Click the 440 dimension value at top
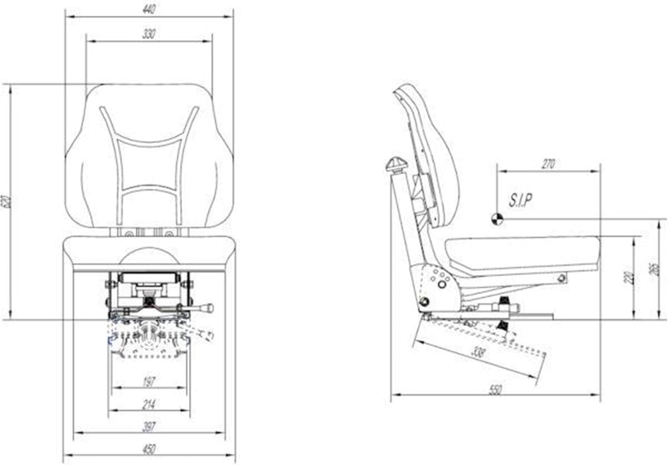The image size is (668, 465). coord(149,9)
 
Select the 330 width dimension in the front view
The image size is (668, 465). coord(149,34)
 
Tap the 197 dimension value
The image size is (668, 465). coord(149,381)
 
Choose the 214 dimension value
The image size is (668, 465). coord(149,404)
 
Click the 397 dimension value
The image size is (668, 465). coord(149,426)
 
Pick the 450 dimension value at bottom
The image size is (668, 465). coord(149,449)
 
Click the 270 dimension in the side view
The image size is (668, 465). coord(548,164)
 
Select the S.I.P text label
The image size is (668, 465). coord(521,200)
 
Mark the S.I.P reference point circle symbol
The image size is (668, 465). coord(497,218)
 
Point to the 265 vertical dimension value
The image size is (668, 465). coord(654,269)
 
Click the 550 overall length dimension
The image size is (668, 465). coord(495,390)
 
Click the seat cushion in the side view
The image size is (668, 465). coord(521,253)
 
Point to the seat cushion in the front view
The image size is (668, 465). coord(149,253)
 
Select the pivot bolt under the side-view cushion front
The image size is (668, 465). coord(562,278)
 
